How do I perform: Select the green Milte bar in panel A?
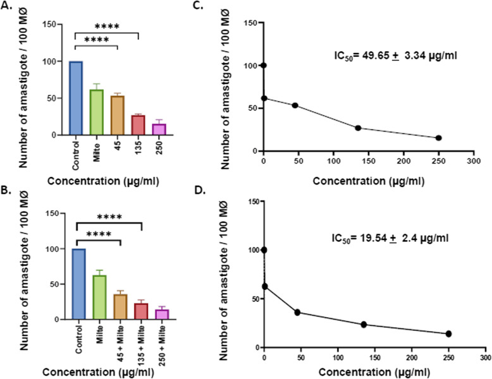tap(95, 112)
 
